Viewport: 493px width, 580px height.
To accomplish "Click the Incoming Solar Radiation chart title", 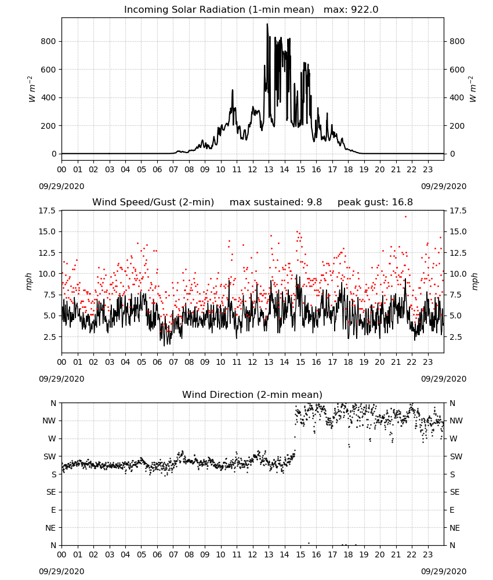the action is coord(219,10).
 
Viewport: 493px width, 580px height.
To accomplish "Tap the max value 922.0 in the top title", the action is coord(364,10).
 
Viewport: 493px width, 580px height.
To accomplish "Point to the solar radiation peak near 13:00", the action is coord(267,24).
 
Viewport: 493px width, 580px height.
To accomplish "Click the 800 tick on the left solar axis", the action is coord(48,41).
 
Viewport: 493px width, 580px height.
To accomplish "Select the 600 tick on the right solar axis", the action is coord(457,70).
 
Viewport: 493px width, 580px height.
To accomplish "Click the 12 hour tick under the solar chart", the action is coord(253,170).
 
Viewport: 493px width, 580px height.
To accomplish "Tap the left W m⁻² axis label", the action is coord(31,89).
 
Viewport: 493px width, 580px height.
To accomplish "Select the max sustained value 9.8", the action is coord(314,202).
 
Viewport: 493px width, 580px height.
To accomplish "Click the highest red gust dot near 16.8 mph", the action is coord(406,216).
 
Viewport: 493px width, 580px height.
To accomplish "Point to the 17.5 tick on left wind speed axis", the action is coord(48,211).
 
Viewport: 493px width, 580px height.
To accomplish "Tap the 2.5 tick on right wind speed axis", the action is coord(456,337).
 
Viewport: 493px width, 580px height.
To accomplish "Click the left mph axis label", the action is coord(29,281).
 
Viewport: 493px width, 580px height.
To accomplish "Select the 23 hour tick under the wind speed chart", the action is coord(428,362).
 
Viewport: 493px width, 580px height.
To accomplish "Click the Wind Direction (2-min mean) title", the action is coord(252,394).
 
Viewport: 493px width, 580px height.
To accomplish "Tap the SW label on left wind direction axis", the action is coord(50,456).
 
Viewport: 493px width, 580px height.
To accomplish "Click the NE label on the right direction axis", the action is coord(455,528).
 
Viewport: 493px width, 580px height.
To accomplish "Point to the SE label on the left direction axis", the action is coord(51,492).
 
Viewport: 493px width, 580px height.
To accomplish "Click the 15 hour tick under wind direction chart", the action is coord(300,554).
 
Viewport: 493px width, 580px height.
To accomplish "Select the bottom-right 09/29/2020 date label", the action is coord(444,571).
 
